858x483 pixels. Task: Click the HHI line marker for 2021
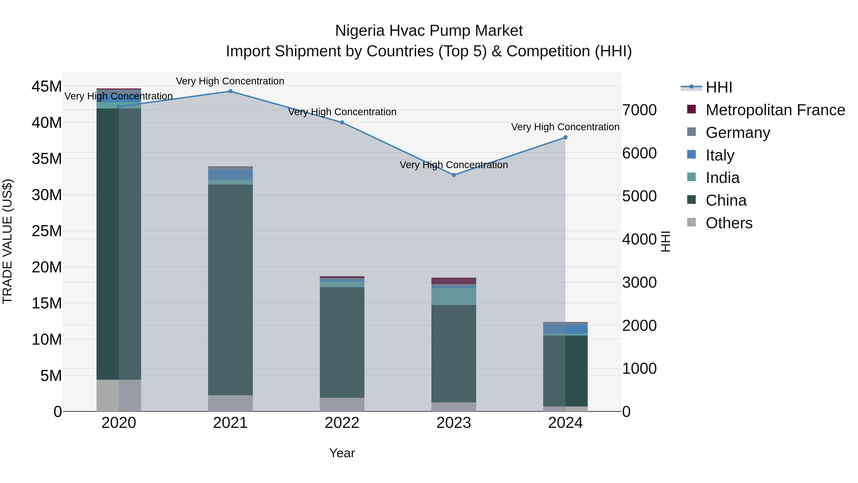(230, 91)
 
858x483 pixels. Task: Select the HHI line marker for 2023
(454, 175)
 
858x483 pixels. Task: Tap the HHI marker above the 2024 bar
(565, 137)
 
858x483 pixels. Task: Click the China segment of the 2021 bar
(230, 290)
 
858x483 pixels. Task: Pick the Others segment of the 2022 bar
(342, 404)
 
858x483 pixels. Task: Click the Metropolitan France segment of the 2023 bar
(454, 281)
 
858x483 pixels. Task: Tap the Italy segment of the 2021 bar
(230, 175)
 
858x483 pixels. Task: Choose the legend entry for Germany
(737, 133)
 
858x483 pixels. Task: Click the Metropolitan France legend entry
(775, 110)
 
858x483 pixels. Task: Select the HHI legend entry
(718, 87)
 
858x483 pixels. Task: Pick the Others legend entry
(729, 223)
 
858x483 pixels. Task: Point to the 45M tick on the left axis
(47, 87)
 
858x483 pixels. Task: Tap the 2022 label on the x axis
(342, 423)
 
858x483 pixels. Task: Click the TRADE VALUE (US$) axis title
(7, 241)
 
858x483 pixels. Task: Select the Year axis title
(342, 453)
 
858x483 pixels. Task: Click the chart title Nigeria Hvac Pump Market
(429, 31)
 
